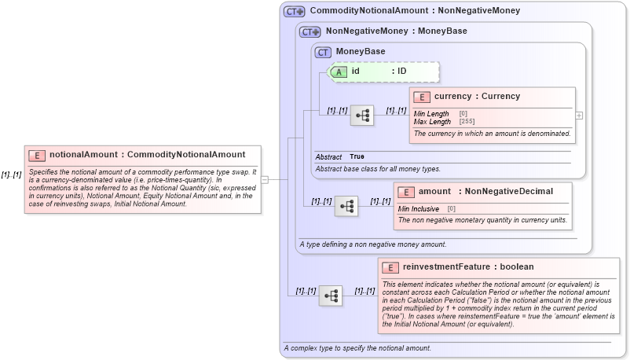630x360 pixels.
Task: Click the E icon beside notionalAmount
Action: (37, 155)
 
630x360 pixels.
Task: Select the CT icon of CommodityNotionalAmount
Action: (295, 11)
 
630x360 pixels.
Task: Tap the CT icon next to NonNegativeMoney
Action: (310, 31)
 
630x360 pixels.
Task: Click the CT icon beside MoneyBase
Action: (323, 52)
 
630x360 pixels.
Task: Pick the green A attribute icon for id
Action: (339, 72)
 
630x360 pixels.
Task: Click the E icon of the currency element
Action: (422, 97)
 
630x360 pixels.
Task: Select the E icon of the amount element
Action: (406, 192)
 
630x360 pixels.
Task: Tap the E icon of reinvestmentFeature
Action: (390, 267)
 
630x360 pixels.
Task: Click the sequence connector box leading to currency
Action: (362, 116)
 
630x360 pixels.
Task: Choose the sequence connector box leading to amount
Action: (346, 207)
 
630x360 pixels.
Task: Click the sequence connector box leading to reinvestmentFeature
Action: (331, 296)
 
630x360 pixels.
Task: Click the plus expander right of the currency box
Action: (579, 115)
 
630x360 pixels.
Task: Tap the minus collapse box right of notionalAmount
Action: (265, 179)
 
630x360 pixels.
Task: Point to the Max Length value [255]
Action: (467, 122)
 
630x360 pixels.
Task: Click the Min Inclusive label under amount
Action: (419, 208)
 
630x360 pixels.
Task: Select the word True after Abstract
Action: (357, 157)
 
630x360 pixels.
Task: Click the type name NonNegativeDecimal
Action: (509, 191)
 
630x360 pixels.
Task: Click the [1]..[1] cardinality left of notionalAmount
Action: (11, 174)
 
